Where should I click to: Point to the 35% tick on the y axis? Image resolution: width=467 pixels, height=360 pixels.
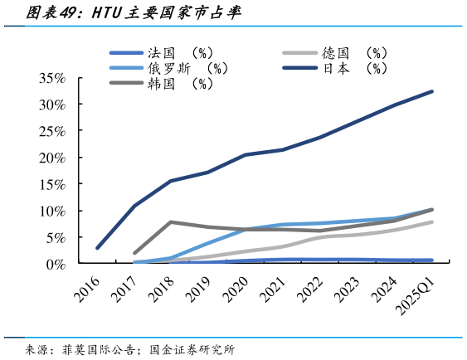[51, 78]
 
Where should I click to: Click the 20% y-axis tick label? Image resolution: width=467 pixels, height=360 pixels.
[51, 158]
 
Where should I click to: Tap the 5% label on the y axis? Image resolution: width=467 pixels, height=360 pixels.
[54, 237]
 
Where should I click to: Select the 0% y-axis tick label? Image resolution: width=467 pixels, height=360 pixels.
[54, 264]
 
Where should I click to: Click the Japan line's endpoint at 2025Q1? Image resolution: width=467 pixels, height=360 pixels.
[432, 91]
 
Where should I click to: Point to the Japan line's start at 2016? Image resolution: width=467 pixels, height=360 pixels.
[97, 247]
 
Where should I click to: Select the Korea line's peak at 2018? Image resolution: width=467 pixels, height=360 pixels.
[171, 221]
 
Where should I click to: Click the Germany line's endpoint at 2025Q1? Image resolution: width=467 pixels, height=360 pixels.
[432, 221]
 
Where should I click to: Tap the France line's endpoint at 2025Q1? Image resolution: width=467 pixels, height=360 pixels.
[432, 260]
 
